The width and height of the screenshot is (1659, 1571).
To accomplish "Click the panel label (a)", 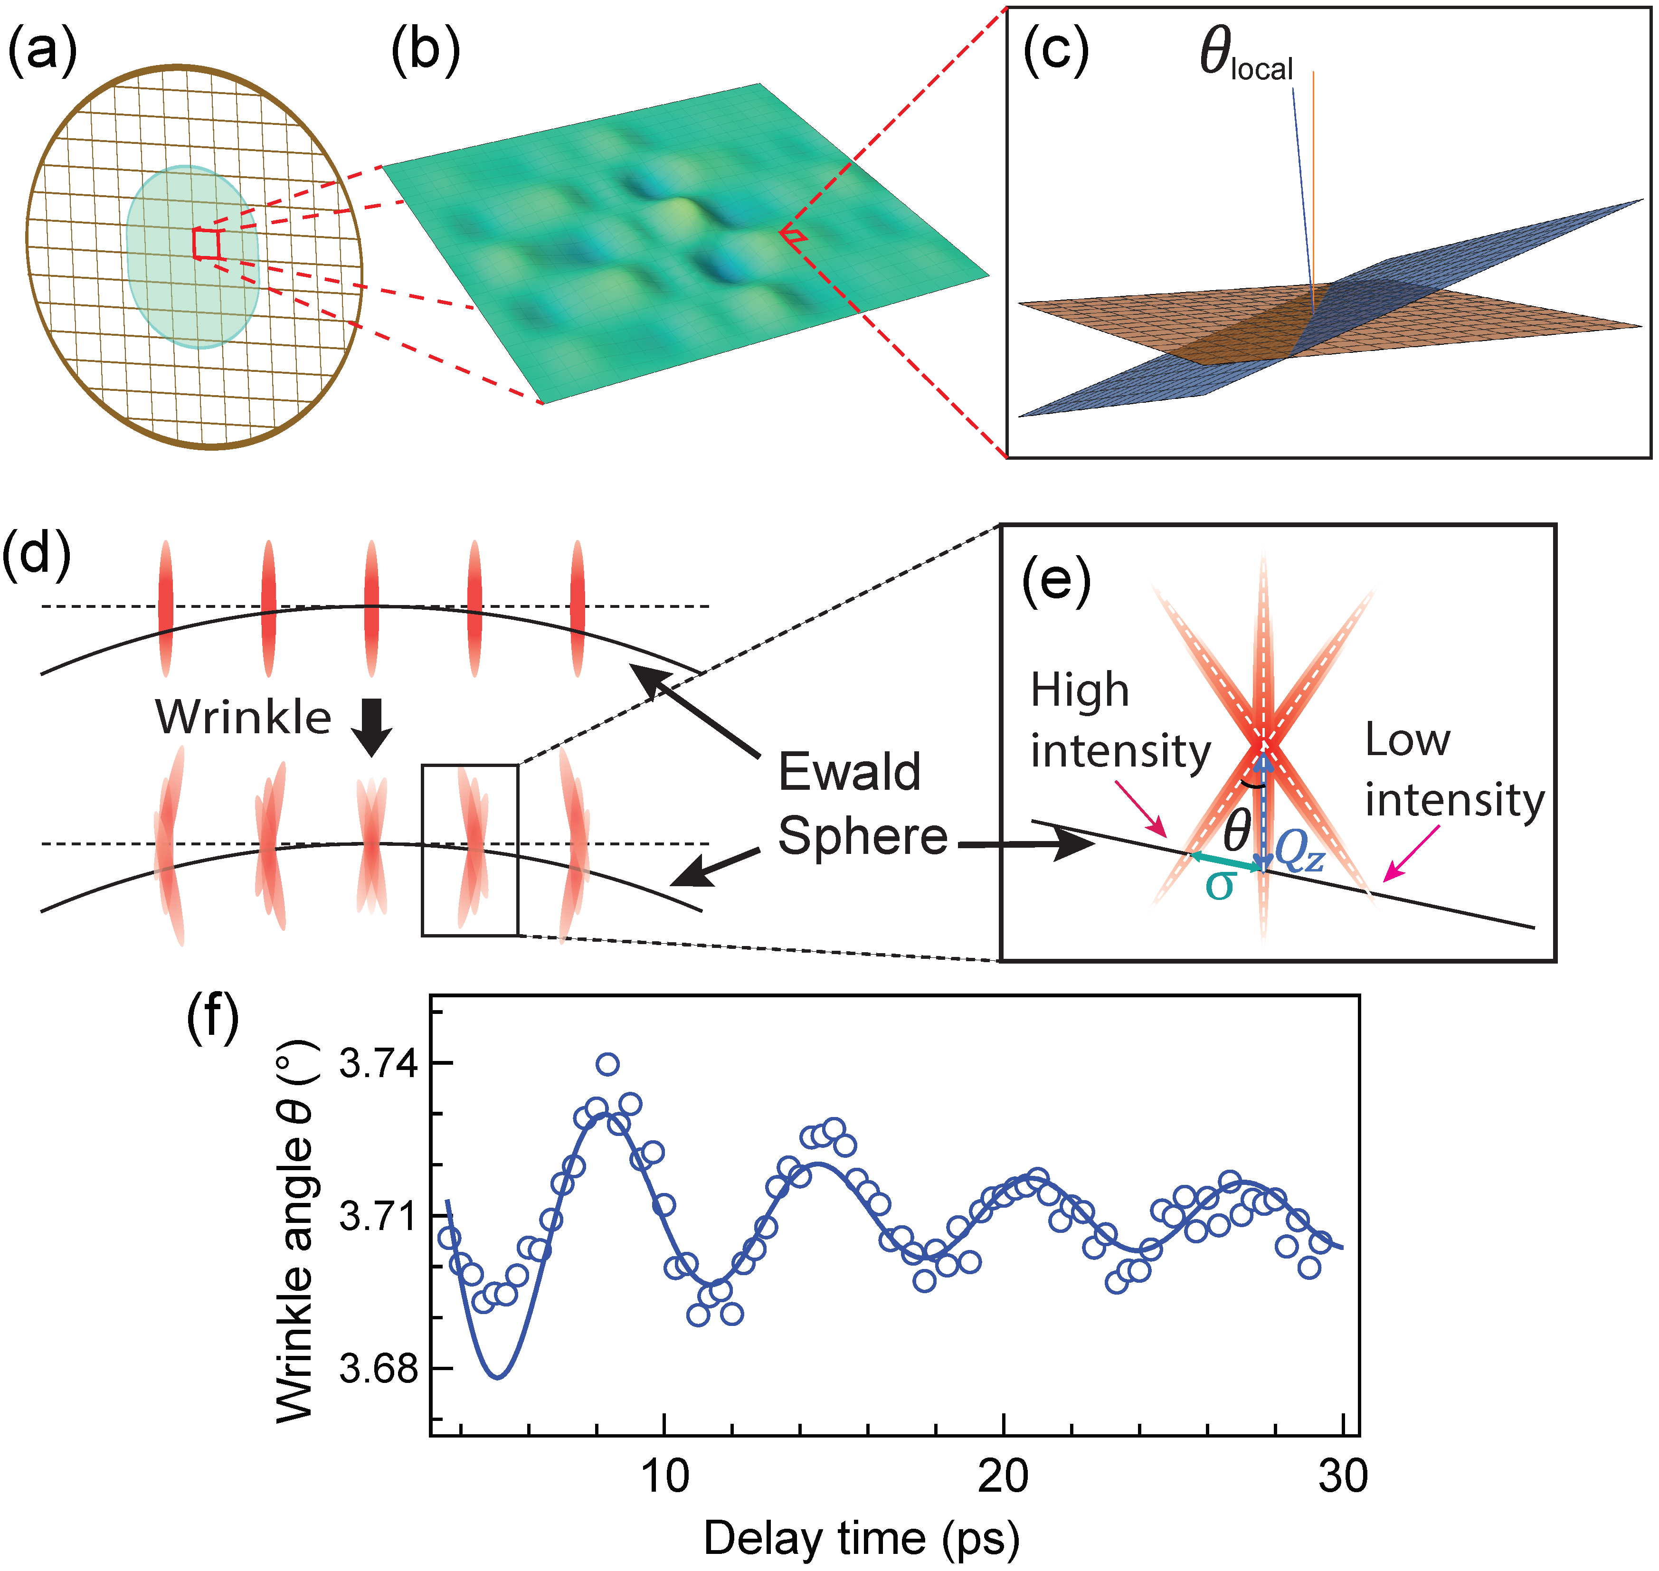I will [x=42, y=52].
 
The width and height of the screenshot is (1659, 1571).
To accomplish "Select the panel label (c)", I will [x=1056, y=52].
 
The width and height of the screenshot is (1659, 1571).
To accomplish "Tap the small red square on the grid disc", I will [x=205, y=244].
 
